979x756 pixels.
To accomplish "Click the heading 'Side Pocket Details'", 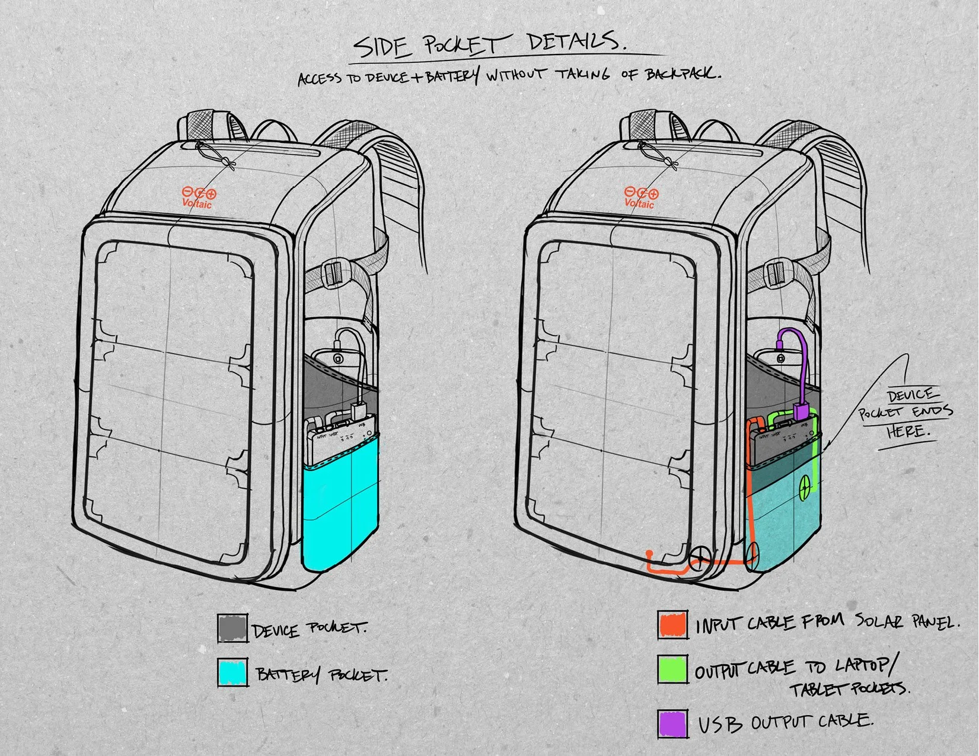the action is tap(489, 45).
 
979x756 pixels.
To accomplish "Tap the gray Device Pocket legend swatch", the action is tap(232, 628).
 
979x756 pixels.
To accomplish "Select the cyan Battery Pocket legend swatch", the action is tap(232, 674).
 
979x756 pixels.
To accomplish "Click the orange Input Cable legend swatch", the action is tap(672, 624).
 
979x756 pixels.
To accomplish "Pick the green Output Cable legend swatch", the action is tap(672, 670).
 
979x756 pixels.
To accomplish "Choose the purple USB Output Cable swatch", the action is tap(672, 723).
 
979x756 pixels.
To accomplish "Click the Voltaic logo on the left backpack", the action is tap(198, 197).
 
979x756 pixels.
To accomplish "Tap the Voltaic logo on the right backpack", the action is tap(640, 197).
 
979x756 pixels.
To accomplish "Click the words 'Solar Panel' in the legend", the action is tap(905, 621).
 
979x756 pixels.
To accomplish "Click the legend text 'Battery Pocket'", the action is tap(321, 675).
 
